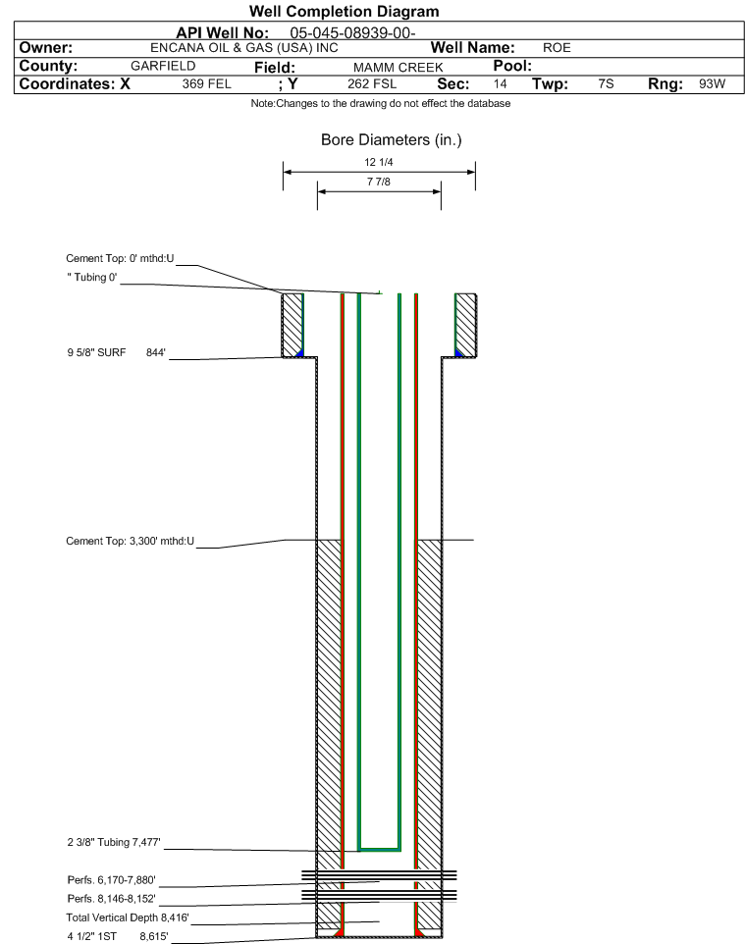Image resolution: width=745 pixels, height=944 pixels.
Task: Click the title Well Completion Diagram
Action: [x=344, y=12]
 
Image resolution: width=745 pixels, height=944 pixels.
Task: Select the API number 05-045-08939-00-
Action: [x=353, y=33]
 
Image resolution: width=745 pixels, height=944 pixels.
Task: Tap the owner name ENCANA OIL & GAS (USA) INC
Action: [x=244, y=48]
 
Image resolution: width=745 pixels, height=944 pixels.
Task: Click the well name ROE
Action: [x=557, y=47]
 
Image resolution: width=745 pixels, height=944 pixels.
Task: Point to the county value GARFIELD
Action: [x=163, y=66]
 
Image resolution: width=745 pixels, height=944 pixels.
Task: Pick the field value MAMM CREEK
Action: [x=399, y=68]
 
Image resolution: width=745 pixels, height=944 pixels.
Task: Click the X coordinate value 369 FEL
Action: [x=206, y=83]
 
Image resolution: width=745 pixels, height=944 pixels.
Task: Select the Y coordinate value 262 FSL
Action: [x=372, y=83]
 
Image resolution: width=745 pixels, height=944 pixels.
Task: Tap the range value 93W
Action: [x=712, y=83]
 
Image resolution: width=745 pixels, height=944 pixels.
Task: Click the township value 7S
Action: [x=606, y=83]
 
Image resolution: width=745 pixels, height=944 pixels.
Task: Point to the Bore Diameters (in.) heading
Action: [x=392, y=140]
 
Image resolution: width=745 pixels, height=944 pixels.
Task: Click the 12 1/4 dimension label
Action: [x=379, y=162]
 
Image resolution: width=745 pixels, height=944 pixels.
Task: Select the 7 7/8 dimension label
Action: [x=379, y=182]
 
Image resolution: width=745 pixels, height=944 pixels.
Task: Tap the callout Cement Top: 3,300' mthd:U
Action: [x=131, y=542]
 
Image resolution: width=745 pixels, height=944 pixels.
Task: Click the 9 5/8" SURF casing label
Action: [x=96, y=353]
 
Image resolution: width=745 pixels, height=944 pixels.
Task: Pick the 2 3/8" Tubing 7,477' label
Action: [x=114, y=842]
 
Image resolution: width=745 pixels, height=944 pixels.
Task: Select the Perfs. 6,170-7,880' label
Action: [x=112, y=880]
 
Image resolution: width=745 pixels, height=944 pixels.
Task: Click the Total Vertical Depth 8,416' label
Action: [x=128, y=918]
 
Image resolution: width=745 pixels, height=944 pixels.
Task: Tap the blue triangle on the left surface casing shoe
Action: [x=300, y=352]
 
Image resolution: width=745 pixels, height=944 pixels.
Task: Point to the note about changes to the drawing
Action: [x=381, y=104]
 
